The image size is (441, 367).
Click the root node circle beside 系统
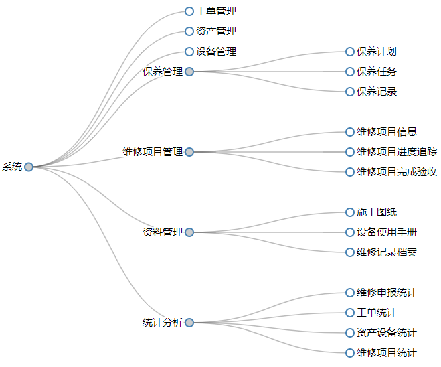coord(29,167)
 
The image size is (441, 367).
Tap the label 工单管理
coord(215,11)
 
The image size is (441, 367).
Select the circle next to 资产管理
coord(189,31)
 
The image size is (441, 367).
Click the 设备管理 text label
coord(215,52)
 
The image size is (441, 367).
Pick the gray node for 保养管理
coord(189,72)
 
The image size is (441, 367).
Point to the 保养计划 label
coord(377,52)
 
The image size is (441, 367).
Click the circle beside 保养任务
coord(350,72)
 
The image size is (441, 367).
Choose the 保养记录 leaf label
coord(377,92)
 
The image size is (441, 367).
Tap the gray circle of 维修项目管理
coord(189,152)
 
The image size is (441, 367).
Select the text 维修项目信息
coord(387,132)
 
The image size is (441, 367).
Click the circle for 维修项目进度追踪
coord(350,152)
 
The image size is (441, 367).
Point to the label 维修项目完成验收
coord(397,172)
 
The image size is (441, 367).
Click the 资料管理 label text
coord(163,232)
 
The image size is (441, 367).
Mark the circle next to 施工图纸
coord(350,212)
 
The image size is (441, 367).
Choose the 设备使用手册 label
coord(387,232)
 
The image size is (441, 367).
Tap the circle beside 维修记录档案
coord(350,252)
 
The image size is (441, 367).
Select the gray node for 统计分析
coord(189,323)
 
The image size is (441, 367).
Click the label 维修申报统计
coord(387,293)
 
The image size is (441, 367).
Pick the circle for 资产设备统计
coord(350,333)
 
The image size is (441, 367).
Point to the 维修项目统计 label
coord(387,353)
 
